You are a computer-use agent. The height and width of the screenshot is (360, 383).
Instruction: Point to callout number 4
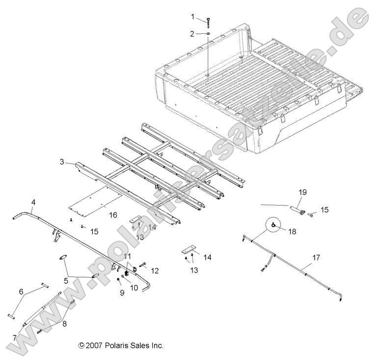pyautogui.click(x=33, y=202)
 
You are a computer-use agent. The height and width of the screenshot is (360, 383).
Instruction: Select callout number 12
pyautogui.click(x=155, y=270)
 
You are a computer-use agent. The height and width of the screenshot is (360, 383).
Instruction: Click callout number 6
pyautogui.click(x=21, y=291)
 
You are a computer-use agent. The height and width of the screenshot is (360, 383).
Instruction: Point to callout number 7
pyautogui.click(x=14, y=337)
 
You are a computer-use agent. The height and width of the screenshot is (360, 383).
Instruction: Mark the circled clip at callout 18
pyautogui.click(x=275, y=225)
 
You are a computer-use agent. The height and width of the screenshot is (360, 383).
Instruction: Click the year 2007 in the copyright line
pyautogui.click(x=94, y=346)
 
